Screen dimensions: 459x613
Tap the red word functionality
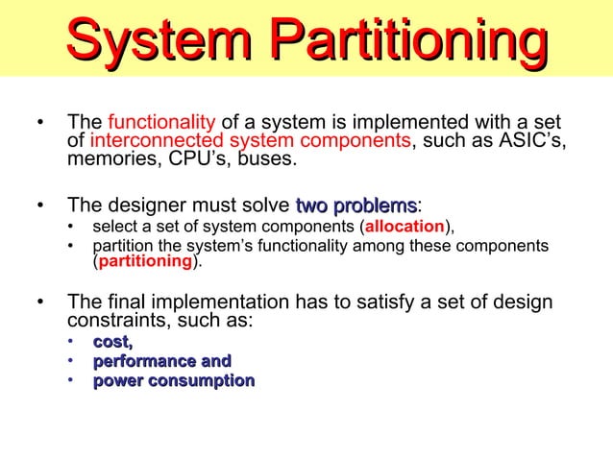[161, 123]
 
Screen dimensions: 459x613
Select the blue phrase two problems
[356, 205]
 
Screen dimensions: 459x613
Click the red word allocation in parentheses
[403, 228]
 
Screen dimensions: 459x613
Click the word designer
[144, 205]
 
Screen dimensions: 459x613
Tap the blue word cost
[112, 342]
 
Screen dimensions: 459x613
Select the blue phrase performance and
[161, 361]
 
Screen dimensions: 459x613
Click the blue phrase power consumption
[173, 381]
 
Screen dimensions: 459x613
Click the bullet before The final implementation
[39, 303]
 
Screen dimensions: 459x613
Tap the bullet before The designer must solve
[39, 205]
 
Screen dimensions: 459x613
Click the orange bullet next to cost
[71, 343]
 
